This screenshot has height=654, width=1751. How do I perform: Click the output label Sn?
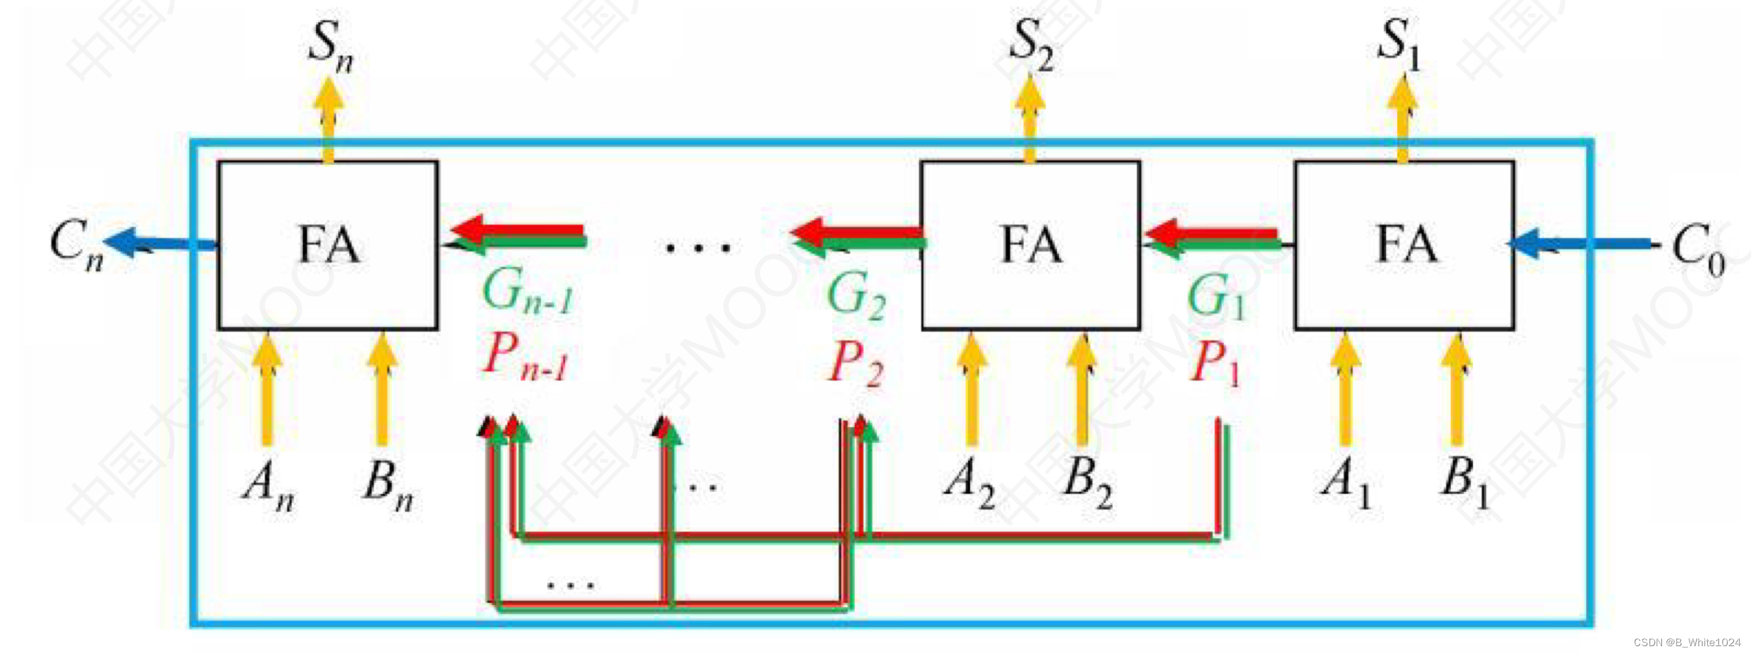click(330, 46)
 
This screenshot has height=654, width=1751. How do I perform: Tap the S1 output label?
click(1398, 45)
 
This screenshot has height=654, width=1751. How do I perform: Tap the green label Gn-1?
click(527, 291)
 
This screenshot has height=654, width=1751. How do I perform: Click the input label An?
click(268, 485)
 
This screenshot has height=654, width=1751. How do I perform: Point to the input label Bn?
click(388, 485)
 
